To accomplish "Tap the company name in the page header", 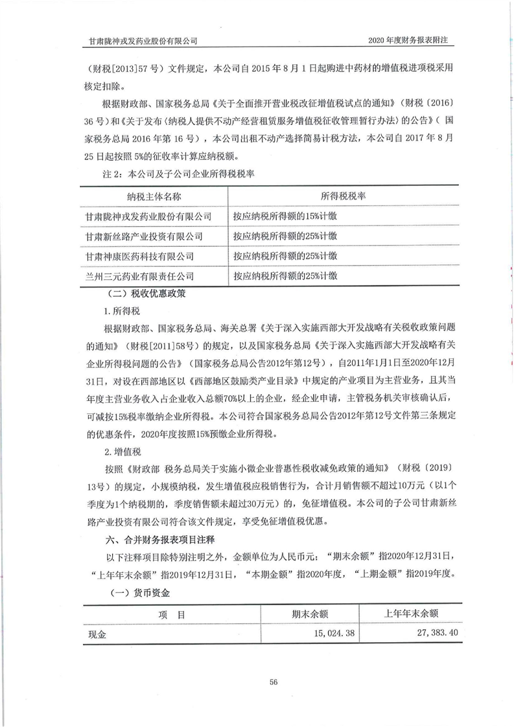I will [143, 40].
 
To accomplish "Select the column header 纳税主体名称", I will [154, 196].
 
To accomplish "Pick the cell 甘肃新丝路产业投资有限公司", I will [145, 237].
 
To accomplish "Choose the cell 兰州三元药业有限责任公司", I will [145, 277].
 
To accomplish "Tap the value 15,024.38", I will [324, 633].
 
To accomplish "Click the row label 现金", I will [97, 634].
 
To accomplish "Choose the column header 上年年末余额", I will [412, 614].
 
